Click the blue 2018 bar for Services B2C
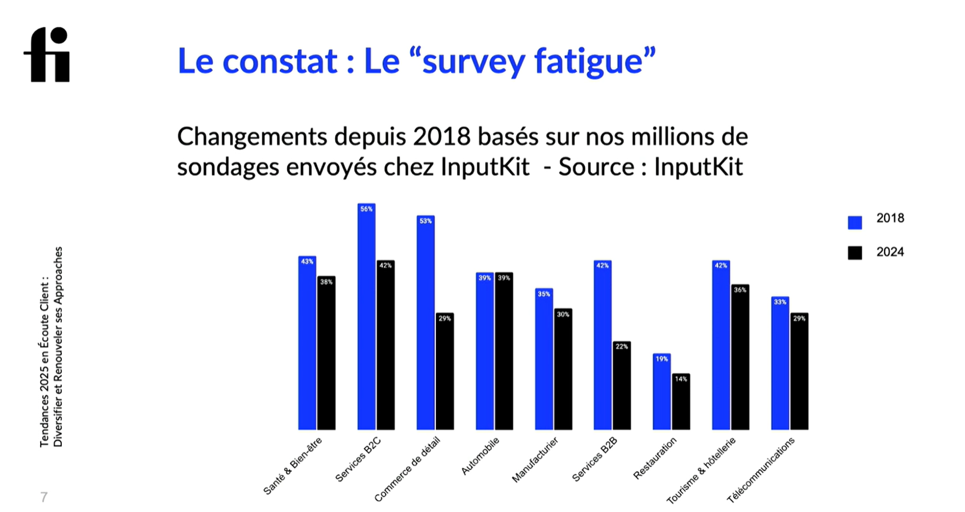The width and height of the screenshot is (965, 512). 366,318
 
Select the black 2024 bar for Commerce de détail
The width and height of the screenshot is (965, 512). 444,372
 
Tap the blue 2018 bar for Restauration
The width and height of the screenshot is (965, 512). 662,393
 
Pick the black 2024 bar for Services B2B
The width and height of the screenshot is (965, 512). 622,387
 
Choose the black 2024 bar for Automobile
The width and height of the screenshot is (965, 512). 504,351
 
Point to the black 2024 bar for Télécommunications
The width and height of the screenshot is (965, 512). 799,372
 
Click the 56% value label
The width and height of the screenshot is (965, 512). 366,209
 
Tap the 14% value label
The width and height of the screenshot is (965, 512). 681,379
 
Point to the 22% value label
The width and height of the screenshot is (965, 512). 622,346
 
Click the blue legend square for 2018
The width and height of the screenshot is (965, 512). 855,223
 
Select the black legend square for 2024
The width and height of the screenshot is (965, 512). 855,253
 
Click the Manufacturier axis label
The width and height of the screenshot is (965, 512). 535,460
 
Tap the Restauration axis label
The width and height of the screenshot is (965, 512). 655,458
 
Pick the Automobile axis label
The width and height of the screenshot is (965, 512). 480,456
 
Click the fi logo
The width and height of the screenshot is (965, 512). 47,55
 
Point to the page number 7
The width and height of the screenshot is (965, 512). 44,497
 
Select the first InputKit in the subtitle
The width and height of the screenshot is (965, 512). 485,167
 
